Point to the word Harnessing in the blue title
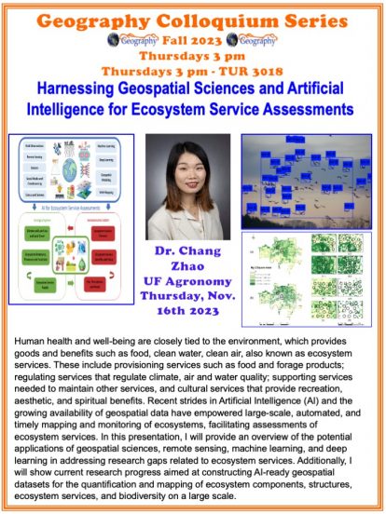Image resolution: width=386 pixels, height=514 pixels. (81, 88)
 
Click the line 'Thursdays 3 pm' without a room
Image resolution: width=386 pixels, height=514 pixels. (192, 56)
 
